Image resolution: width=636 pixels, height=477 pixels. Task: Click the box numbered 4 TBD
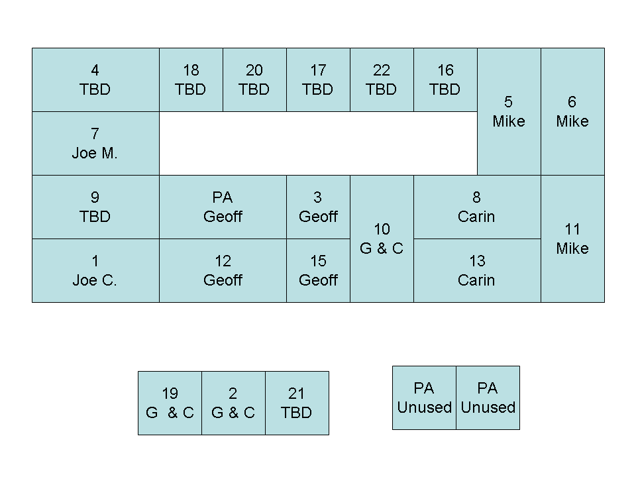pyautogui.click(x=95, y=79)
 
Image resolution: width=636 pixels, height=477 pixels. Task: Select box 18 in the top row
pyautogui.click(x=191, y=79)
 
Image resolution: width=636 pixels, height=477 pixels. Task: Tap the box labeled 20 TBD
pyautogui.click(x=254, y=79)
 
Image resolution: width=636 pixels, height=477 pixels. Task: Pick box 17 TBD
pyautogui.click(x=318, y=79)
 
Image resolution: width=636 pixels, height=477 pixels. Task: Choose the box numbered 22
pyautogui.click(x=382, y=79)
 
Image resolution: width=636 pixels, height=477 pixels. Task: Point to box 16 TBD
pyautogui.click(x=445, y=79)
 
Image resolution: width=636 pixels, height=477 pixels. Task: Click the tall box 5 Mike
pyautogui.click(x=509, y=111)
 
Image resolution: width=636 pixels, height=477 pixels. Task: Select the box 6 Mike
pyautogui.click(x=572, y=111)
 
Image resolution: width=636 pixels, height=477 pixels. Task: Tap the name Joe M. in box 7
pyautogui.click(x=95, y=153)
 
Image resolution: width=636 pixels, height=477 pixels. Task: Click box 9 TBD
pyautogui.click(x=95, y=207)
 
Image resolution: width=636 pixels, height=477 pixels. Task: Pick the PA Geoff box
pyautogui.click(x=223, y=207)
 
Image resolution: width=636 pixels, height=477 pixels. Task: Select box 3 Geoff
pyautogui.click(x=318, y=207)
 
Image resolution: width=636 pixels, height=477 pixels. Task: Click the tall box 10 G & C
pyautogui.click(x=382, y=238)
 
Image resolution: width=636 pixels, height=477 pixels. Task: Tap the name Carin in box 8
pyautogui.click(x=476, y=217)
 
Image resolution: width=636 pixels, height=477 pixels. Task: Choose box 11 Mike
pyautogui.click(x=572, y=238)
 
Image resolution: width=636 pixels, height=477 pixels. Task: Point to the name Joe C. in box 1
pyautogui.click(x=95, y=280)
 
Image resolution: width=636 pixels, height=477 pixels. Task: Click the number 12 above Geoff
pyautogui.click(x=223, y=261)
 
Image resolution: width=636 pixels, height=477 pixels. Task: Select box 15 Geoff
pyautogui.click(x=318, y=270)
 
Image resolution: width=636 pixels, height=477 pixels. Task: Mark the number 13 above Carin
pyautogui.click(x=477, y=261)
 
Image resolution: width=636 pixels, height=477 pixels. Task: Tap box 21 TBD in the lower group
pyautogui.click(x=297, y=403)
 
